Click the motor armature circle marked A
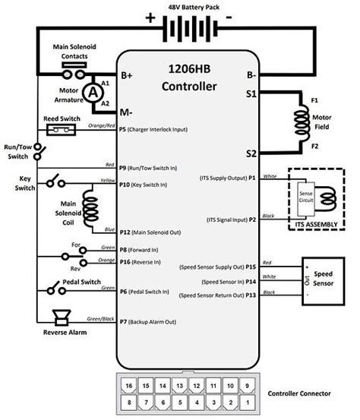tap(93, 91)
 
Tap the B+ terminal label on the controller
tap(127, 76)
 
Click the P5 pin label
tap(124, 130)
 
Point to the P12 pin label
tap(126, 232)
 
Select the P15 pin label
tap(252, 267)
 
